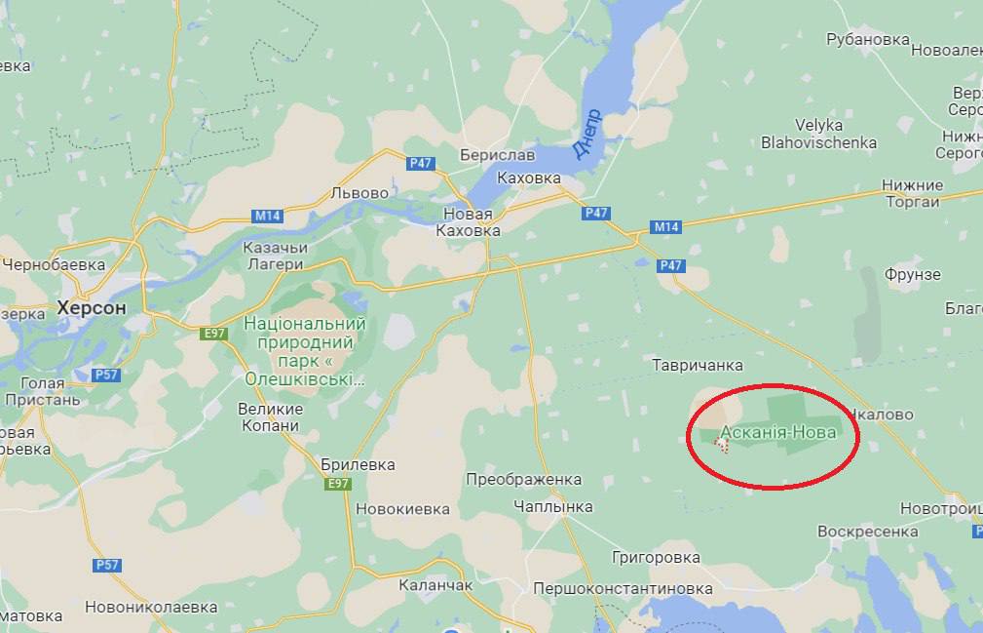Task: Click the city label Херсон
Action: [92, 307]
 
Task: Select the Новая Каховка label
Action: [472, 222]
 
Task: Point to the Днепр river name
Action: [587, 133]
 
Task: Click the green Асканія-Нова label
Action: [777, 432]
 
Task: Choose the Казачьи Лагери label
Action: [275, 256]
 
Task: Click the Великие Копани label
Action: [270, 418]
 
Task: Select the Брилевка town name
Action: [358, 464]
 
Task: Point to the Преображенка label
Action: [524, 479]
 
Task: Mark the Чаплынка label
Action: [553, 506]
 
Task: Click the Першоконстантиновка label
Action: [623, 589]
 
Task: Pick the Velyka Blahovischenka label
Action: [819, 134]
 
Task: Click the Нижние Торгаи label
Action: [912, 193]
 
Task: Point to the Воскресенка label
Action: [867, 532]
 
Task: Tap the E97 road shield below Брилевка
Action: [339, 484]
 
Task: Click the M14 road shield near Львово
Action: [266, 215]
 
